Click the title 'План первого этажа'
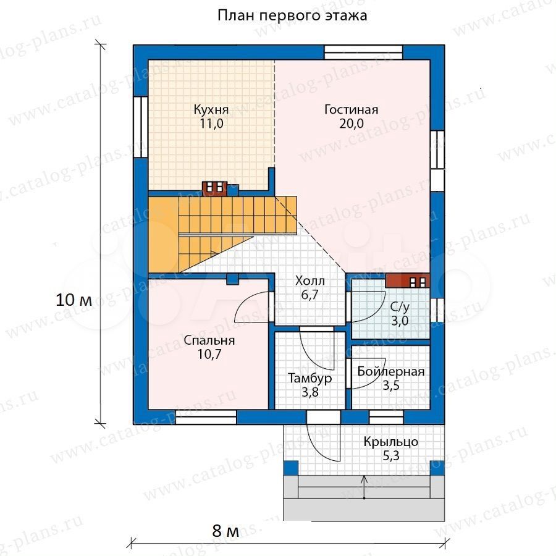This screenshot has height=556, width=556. click(x=292, y=15)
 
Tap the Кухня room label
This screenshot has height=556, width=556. click(x=211, y=110)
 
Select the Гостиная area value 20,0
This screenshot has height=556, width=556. click(x=352, y=124)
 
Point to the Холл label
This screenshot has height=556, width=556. click(x=310, y=281)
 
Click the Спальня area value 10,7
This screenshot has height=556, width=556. click(x=209, y=354)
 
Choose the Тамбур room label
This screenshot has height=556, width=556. click(x=310, y=379)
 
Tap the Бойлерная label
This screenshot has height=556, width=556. click(x=391, y=372)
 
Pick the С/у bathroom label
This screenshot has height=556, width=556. click(x=400, y=306)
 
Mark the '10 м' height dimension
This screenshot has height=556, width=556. click(x=74, y=300)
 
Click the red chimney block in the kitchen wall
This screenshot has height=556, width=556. click(x=214, y=188)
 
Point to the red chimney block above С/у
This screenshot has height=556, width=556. click(x=408, y=281)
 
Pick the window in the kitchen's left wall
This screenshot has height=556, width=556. click(x=141, y=126)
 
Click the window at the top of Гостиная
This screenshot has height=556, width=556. click(x=363, y=53)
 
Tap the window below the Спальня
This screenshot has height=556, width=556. click(x=206, y=417)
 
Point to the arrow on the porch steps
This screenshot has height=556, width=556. click(x=364, y=487)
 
